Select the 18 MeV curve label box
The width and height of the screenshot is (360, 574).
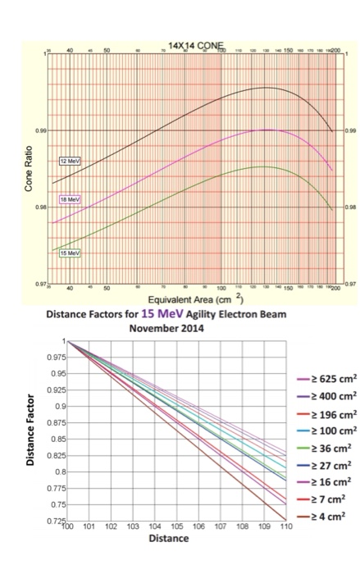[70, 199]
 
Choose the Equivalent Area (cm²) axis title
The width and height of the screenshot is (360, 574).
[197, 300]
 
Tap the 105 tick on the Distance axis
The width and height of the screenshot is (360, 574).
[176, 529]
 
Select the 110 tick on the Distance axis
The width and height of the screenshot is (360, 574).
[285, 529]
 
